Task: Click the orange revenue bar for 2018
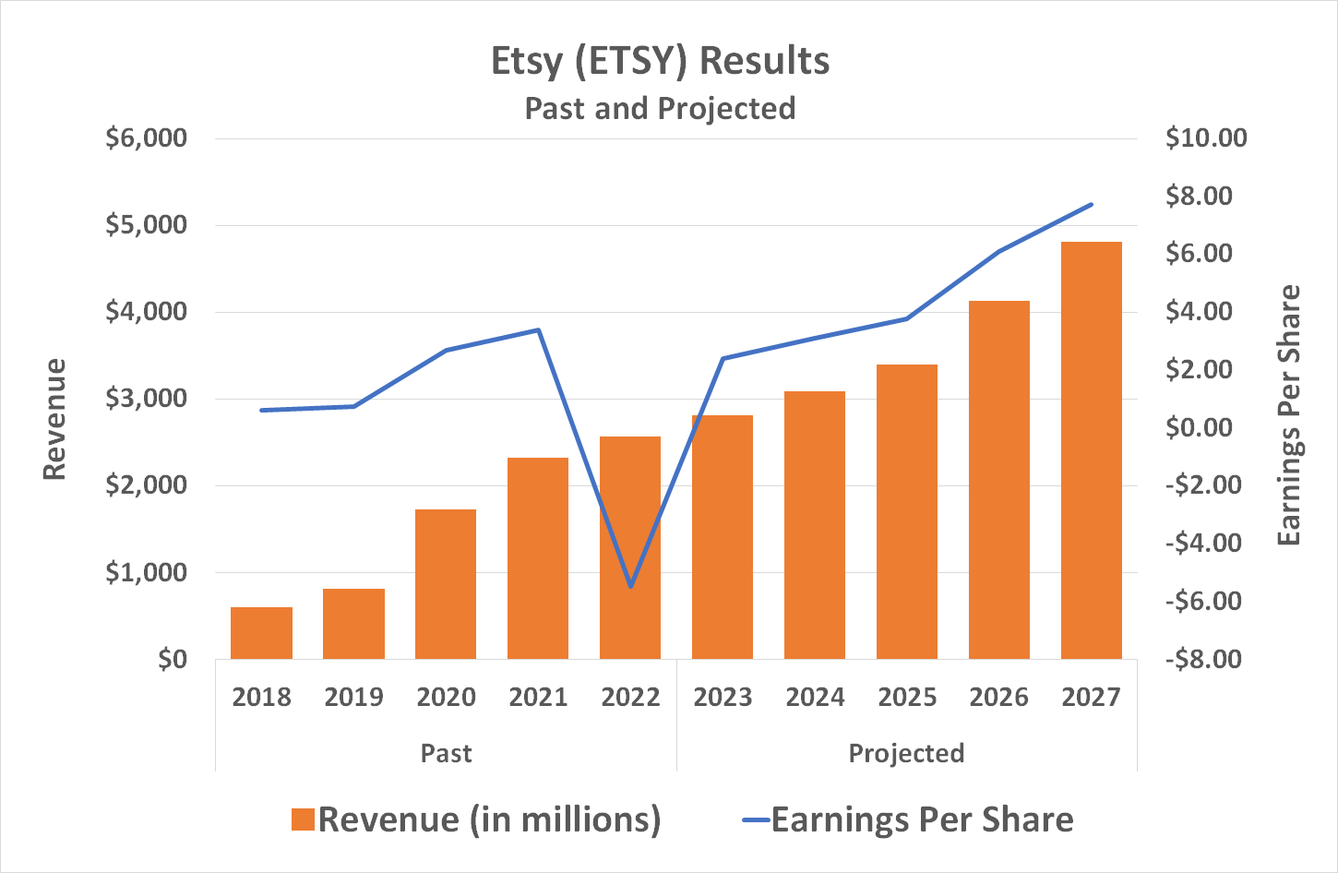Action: [261, 633]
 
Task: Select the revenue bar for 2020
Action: [446, 583]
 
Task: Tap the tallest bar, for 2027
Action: [1091, 450]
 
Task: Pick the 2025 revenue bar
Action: [907, 511]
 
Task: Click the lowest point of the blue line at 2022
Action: [630, 586]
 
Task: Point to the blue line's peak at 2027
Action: [1092, 204]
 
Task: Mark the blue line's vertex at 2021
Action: [538, 329]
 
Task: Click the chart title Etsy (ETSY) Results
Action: [660, 61]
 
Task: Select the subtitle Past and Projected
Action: [660, 108]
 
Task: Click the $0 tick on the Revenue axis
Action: [172, 659]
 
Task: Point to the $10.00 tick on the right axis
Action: [1205, 138]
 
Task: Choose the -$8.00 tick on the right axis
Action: [1203, 659]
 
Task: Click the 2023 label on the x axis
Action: [723, 697]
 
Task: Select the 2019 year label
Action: [353, 697]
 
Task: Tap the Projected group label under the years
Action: [906, 753]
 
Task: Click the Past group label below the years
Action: [446, 753]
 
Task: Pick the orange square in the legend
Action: [303, 819]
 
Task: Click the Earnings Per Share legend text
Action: [922, 819]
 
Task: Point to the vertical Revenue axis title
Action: [55, 419]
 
